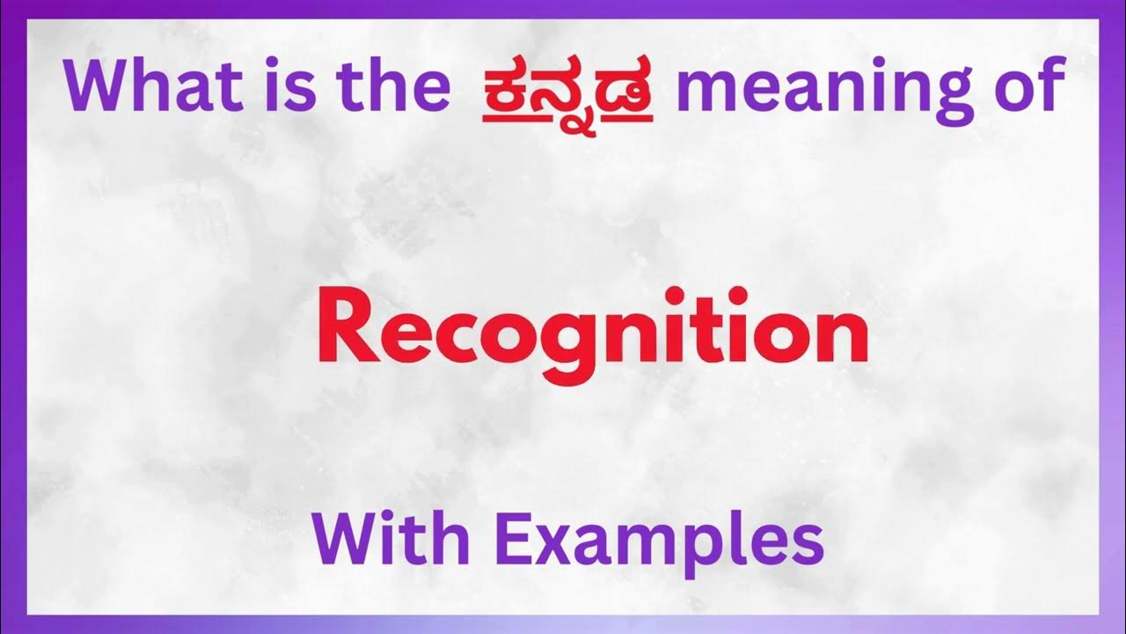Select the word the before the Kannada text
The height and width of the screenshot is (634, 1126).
[x=391, y=85]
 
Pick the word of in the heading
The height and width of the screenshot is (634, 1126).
[x=1023, y=85]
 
